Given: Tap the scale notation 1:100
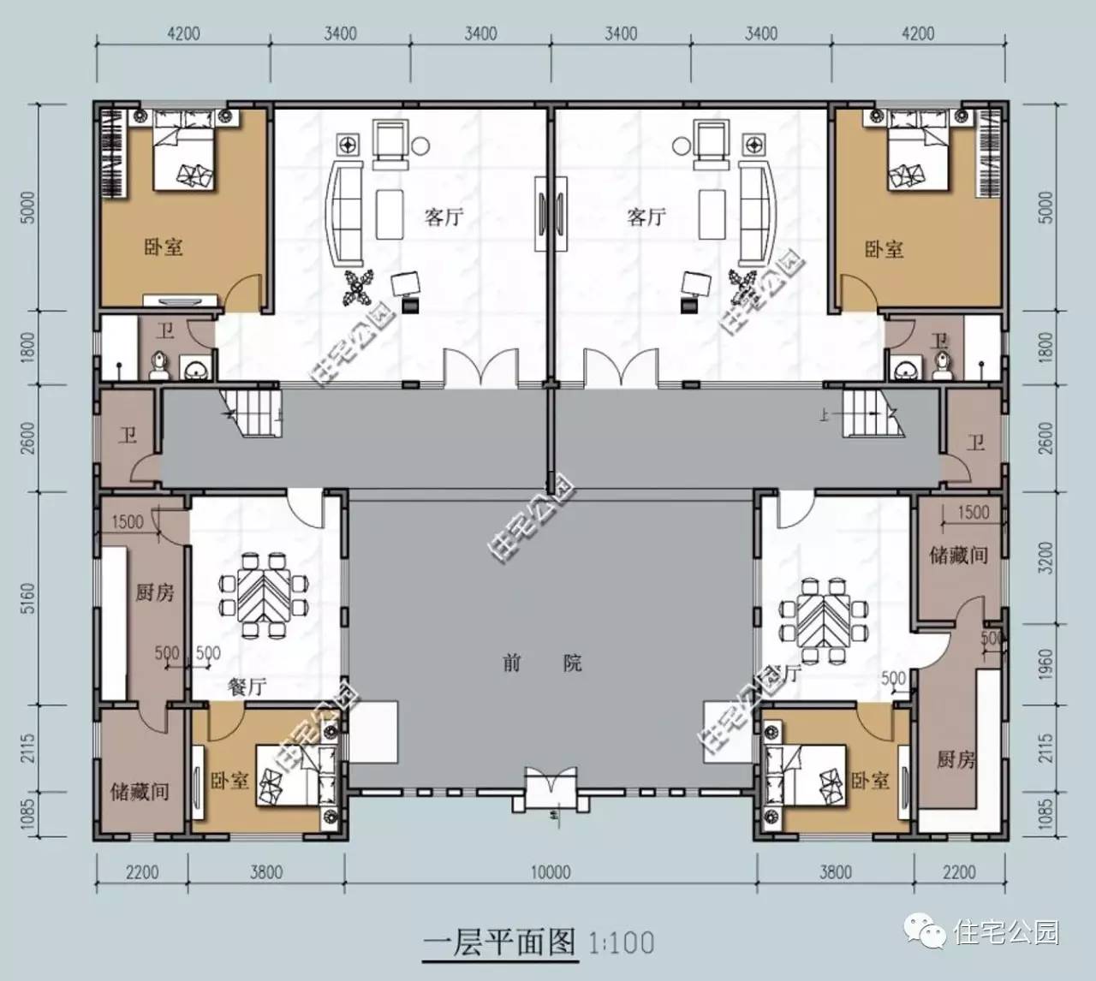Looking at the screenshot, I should tap(621, 942).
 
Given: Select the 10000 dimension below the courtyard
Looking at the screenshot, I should tap(550, 872).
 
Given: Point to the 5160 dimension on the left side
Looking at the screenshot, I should tap(27, 598).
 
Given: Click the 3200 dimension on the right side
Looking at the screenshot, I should tap(1045, 557).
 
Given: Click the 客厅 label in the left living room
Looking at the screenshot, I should tap(444, 217).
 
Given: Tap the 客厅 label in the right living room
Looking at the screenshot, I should tap(646, 217).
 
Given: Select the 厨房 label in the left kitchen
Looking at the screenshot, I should tap(154, 592).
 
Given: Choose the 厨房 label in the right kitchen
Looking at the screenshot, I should tap(955, 758).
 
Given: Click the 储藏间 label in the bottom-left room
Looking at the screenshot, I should tap(139, 791).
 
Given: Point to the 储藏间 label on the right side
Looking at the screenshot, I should tap(958, 555).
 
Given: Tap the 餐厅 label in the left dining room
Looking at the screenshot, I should tap(247, 686).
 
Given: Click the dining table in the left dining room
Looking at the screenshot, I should tap(264, 596).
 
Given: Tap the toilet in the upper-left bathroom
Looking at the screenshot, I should tap(158, 366).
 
